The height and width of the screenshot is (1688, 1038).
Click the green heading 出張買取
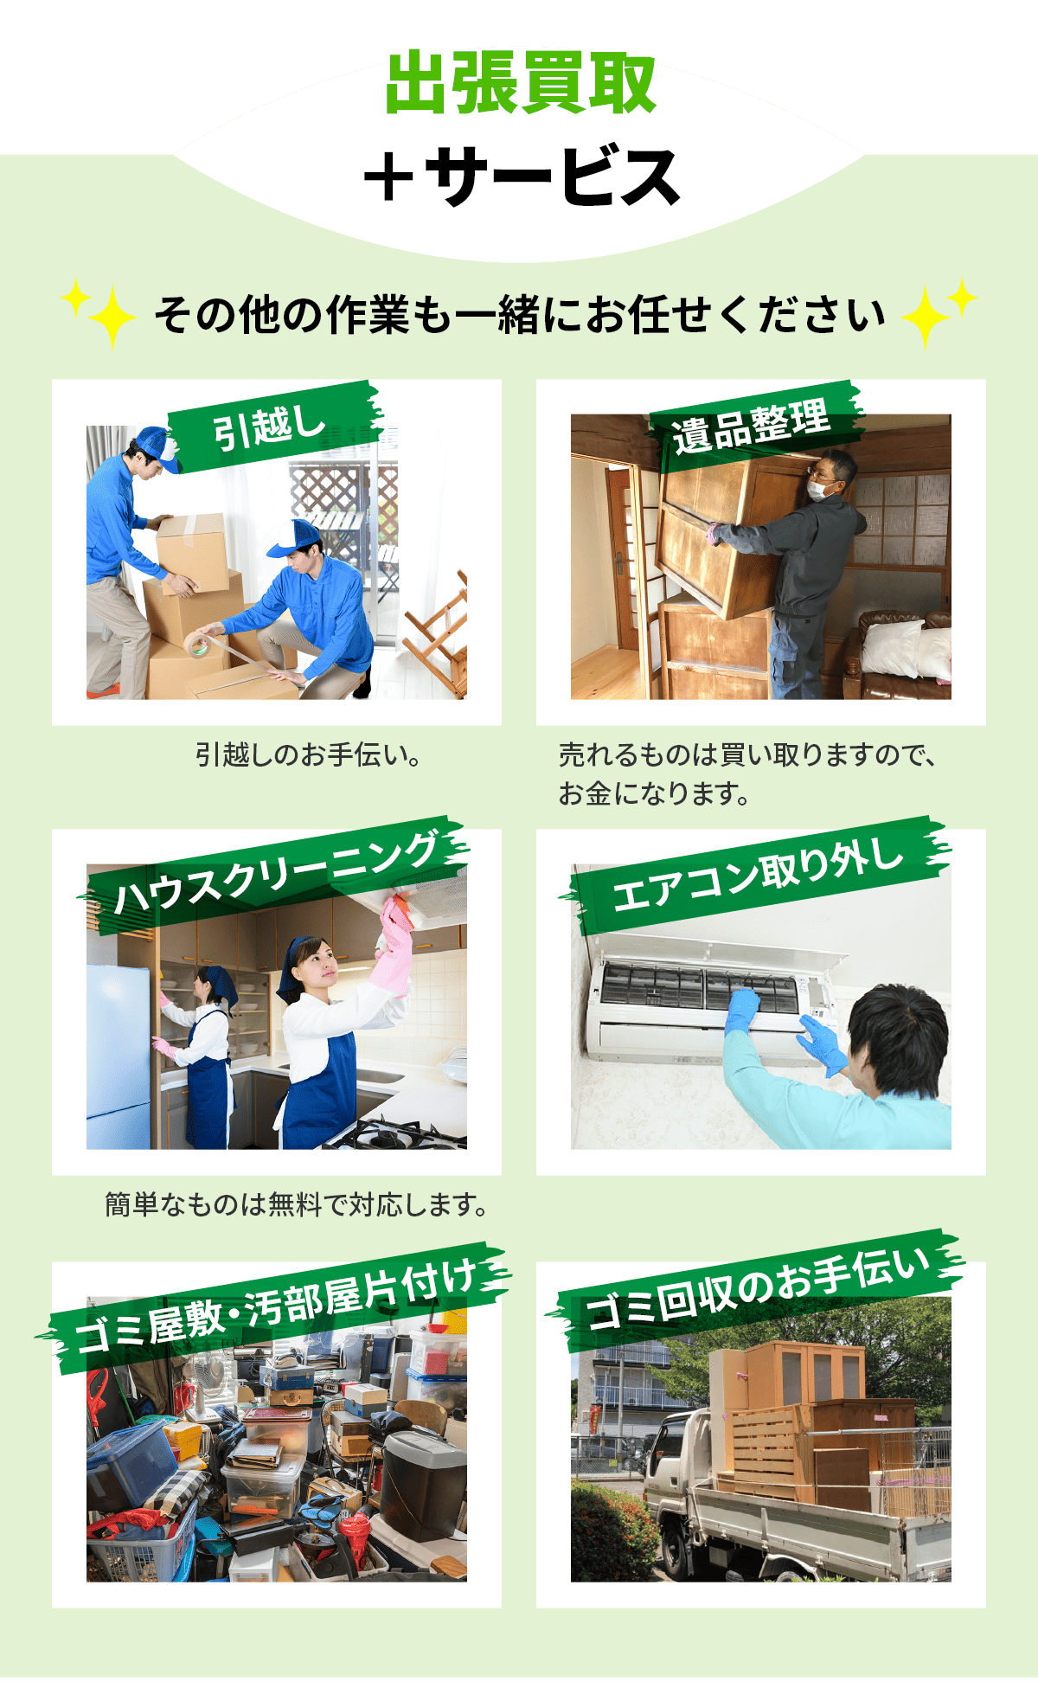(x=520, y=83)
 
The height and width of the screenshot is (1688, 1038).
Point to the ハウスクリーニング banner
(x=275, y=874)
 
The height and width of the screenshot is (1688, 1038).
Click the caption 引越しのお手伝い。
(x=309, y=755)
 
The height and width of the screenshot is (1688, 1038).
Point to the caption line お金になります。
(x=654, y=793)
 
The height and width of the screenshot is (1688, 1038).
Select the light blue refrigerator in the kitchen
(x=119, y=1056)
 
